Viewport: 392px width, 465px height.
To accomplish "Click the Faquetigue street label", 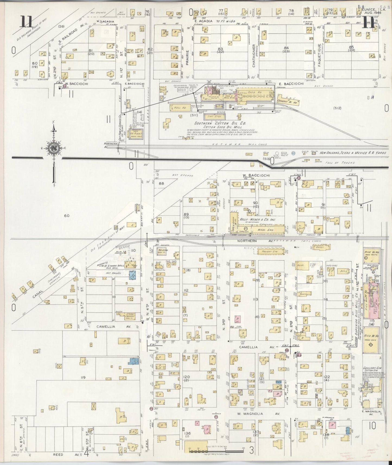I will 320,52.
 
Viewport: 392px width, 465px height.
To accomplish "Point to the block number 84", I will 286,48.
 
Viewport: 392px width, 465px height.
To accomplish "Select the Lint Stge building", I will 213,117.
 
